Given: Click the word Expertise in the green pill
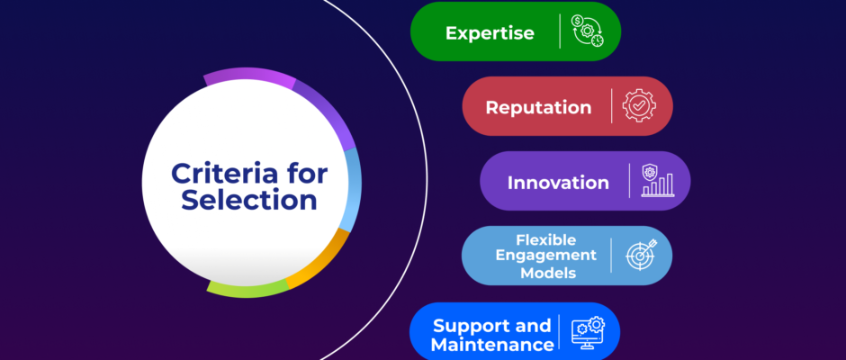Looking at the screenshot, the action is [490, 33].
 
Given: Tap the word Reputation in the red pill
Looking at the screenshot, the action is [538, 107].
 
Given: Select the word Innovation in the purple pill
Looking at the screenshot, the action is [558, 183].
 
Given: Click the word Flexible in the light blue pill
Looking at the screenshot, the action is [546, 239].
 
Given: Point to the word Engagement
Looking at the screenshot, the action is [546, 256].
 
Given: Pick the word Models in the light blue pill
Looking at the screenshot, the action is [546, 272].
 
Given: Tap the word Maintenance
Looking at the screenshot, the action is [492, 345].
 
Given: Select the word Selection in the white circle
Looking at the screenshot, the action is [248, 199].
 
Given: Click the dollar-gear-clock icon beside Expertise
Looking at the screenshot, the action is [588, 31].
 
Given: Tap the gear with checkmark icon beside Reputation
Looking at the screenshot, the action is [639, 106].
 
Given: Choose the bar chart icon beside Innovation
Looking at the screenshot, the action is [658, 181].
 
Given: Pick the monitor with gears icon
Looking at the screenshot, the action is [589, 332].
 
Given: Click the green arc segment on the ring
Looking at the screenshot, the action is [247, 291].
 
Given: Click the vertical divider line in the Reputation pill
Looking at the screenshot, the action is [612, 106].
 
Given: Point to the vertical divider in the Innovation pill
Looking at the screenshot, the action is [630, 181].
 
